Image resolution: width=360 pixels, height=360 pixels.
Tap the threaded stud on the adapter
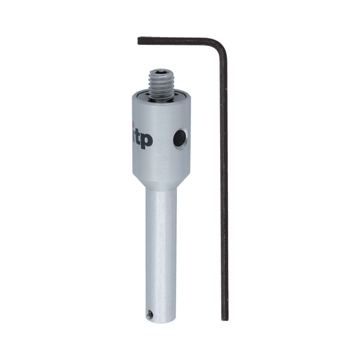pyautogui.click(x=162, y=85)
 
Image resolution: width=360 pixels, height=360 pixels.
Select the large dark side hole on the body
pyautogui.click(x=180, y=138)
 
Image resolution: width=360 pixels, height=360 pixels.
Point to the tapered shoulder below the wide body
pyautogui.click(x=161, y=182)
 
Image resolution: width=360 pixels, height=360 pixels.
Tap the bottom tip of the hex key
pyautogui.click(x=225, y=319)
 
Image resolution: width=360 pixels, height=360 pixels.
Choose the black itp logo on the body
pyautogui.click(x=142, y=139)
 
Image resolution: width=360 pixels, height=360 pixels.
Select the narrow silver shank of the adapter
pyautogui.click(x=161, y=252)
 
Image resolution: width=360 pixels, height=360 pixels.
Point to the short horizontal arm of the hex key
pyautogui.click(x=176, y=41)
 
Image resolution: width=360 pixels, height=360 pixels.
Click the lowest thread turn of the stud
pyautogui.click(x=162, y=96)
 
